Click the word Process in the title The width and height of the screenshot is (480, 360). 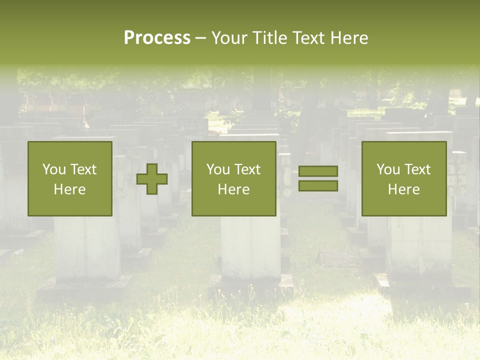pyautogui.click(x=157, y=38)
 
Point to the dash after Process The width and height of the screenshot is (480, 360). pyautogui.click(x=200, y=38)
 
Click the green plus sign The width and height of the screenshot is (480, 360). pyautogui.click(x=152, y=179)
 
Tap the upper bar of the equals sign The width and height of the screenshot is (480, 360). pyautogui.click(x=318, y=171)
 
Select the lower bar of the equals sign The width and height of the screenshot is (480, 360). pyautogui.click(x=318, y=186)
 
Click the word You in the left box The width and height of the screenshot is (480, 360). pyautogui.click(x=54, y=169)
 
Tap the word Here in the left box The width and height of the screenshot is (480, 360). pyautogui.click(x=69, y=189)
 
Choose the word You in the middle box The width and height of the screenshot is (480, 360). pyautogui.click(x=218, y=169)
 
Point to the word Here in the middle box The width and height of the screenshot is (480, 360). pyautogui.click(x=233, y=189)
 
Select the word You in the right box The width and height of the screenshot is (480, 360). pyautogui.click(x=388, y=169)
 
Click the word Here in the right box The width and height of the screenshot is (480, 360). pyautogui.click(x=403, y=189)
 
